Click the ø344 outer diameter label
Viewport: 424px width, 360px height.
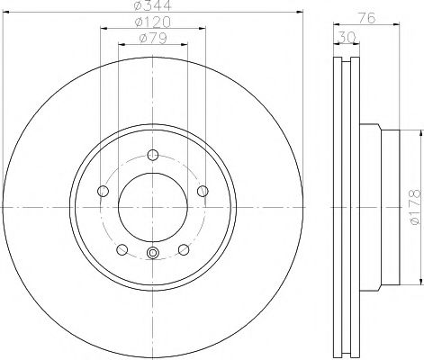(151, 7)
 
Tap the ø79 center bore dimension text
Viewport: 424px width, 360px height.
(151, 40)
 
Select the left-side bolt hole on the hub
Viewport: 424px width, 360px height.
(101, 190)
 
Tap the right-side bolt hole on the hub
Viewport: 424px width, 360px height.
(203, 190)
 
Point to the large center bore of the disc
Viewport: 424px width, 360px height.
(152, 205)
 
